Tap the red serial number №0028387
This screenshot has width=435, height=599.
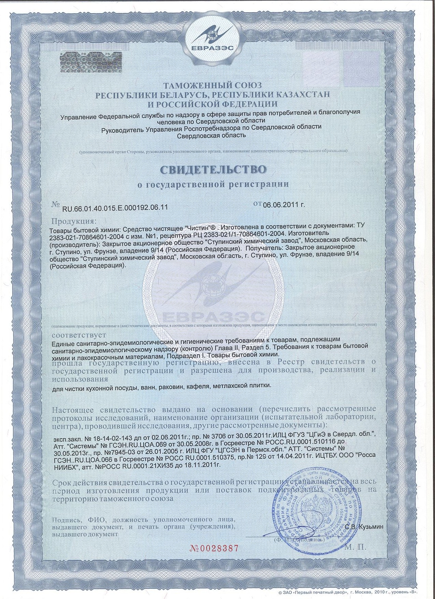(x=213, y=548)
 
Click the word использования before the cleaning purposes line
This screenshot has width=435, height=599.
(x=80, y=379)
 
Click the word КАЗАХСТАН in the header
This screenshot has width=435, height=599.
(x=302, y=94)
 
